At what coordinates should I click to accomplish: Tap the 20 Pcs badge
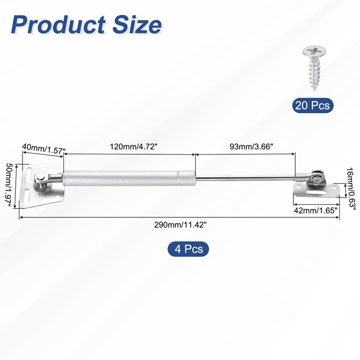click(x=313, y=106)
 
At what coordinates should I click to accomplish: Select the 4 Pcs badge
click(x=188, y=248)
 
